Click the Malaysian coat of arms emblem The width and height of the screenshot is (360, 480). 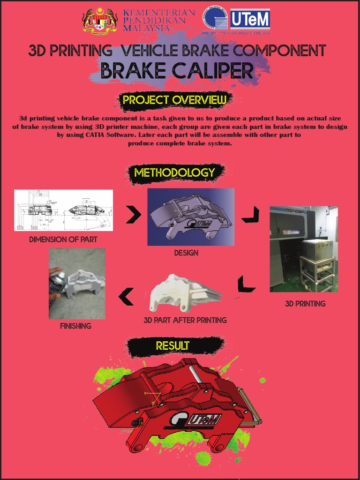click(x=100, y=21)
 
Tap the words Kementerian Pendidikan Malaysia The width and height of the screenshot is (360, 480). click(x=158, y=21)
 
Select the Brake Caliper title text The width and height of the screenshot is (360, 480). click(x=177, y=71)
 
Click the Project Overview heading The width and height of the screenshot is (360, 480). click(x=174, y=100)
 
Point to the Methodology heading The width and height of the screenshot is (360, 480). click(x=174, y=172)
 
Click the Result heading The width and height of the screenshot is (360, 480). click(x=173, y=346)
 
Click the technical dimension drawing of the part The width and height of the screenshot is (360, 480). click(x=63, y=210)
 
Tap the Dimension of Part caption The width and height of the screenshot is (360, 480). click(x=63, y=240)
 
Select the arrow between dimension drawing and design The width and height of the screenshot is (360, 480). click(x=133, y=215)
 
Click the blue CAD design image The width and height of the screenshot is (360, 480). click(x=191, y=217)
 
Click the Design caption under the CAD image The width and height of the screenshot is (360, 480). click(x=186, y=253)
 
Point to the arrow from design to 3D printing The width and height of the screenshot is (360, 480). click(x=250, y=215)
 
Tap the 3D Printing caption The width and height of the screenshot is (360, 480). click(x=305, y=304)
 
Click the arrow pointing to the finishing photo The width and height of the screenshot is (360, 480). click(x=126, y=296)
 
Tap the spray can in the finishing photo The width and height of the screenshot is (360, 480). click(x=56, y=284)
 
